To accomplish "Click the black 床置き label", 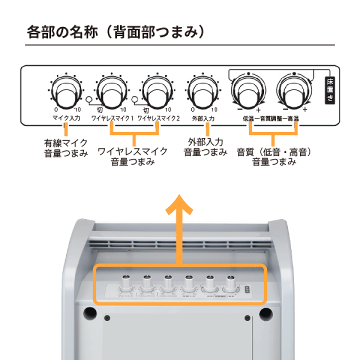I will coord(330,90).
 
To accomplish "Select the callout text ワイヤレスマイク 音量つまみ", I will coord(133,156).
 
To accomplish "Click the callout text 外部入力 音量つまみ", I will coord(205,147).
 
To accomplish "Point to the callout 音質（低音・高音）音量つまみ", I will coord(274,156).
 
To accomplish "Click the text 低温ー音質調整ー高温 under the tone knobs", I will coord(270,119).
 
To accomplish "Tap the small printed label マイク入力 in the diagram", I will coord(65,119).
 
